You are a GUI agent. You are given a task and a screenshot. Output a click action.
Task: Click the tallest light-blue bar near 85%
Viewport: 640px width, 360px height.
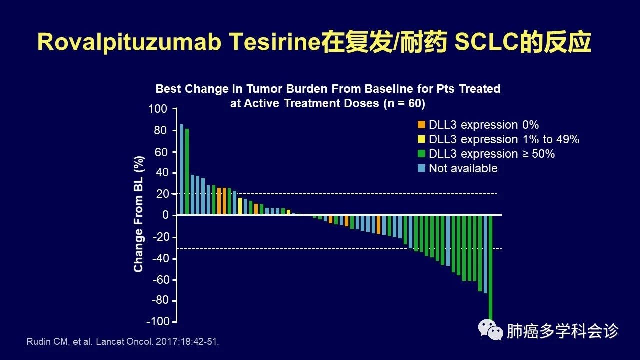pos(182,169)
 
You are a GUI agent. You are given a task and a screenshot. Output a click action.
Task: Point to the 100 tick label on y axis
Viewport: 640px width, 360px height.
pos(158,109)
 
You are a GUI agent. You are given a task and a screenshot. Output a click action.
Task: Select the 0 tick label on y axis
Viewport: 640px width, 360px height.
pos(165,215)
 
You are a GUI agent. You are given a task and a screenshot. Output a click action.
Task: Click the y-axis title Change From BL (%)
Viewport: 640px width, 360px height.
pos(138,214)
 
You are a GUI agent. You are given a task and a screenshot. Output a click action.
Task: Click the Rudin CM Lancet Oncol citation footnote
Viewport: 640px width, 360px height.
pos(122,342)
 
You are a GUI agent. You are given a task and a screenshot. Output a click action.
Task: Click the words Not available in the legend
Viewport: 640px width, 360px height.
pos(463,168)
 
